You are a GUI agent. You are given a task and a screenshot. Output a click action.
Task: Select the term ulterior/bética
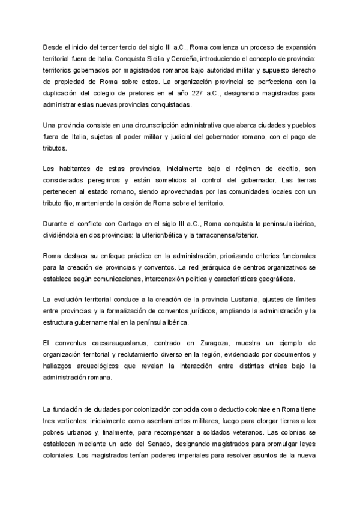tap(192, 235)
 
